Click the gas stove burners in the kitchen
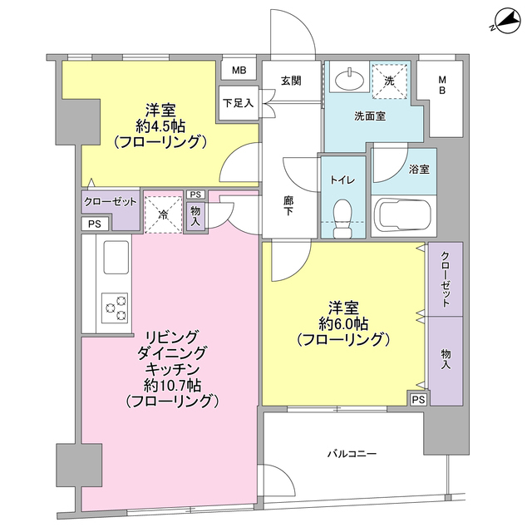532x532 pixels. click(x=115, y=307)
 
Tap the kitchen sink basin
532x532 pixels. click(x=115, y=258)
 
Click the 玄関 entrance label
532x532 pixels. click(x=291, y=81)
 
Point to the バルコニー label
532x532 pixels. click(x=352, y=455)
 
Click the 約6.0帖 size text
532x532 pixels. click(x=342, y=323)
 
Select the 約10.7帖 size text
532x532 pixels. click(x=171, y=385)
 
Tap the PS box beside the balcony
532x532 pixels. click(x=418, y=400)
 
